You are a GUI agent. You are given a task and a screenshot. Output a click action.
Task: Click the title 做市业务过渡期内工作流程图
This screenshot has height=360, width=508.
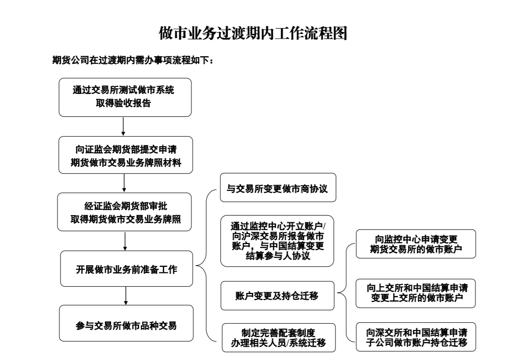pyautogui.click(x=253, y=33)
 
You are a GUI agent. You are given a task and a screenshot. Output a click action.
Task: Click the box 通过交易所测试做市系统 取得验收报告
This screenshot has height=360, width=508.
pyautogui.click(x=125, y=97)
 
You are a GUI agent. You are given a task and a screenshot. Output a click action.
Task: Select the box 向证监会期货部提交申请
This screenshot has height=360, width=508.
pyautogui.click(x=125, y=155)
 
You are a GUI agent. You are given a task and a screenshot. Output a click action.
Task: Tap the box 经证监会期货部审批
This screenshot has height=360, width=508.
pyautogui.click(x=125, y=212)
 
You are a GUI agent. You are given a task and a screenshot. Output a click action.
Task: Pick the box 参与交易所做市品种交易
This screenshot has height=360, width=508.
pyautogui.click(x=126, y=325)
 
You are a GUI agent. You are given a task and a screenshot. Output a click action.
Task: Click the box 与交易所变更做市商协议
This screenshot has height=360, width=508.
pyautogui.click(x=278, y=189)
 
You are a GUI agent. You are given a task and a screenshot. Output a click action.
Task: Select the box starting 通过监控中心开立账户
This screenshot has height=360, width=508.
pyautogui.click(x=278, y=240)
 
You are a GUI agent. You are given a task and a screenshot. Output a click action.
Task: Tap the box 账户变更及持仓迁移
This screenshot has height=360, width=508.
pyautogui.click(x=278, y=295)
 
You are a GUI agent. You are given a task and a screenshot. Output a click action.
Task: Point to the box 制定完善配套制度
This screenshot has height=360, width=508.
pyautogui.click(x=279, y=337)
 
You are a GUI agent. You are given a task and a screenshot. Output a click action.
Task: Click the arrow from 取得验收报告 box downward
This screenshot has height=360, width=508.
pyautogui.click(x=123, y=126)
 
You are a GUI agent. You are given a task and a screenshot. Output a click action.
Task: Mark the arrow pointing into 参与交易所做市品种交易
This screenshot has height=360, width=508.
pyautogui.click(x=126, y=296)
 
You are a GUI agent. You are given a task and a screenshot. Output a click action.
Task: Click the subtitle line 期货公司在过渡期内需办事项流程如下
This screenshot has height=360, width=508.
pyautogui.click(x=133, y=60)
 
